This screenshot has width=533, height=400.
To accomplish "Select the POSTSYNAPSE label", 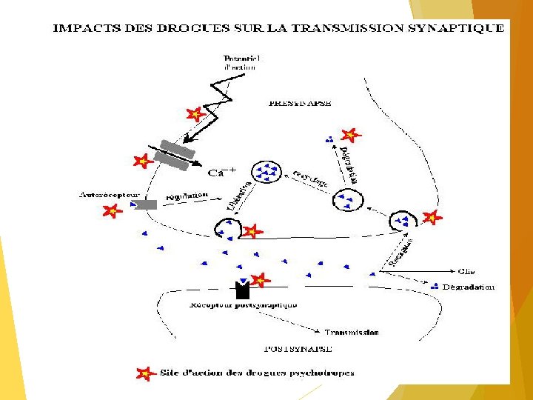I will [x=298, y=347].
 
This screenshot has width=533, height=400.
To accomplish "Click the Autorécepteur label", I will [x=106, y=196].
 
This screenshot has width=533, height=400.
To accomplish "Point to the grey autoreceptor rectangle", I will [x=145, y=204].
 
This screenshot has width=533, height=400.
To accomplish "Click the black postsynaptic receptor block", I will [x=241, y=290].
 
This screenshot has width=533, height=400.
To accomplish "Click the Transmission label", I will [x=352, y=332].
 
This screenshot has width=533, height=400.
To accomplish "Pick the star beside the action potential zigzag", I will [x=195, y=115].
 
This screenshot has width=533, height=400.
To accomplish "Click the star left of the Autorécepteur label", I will [x=111, y=211].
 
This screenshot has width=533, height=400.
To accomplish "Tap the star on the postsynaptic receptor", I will [x=258, y=280].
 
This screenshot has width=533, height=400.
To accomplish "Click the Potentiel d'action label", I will [x=242, y=62].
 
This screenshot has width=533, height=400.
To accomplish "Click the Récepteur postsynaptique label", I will [x=244, y=304].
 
